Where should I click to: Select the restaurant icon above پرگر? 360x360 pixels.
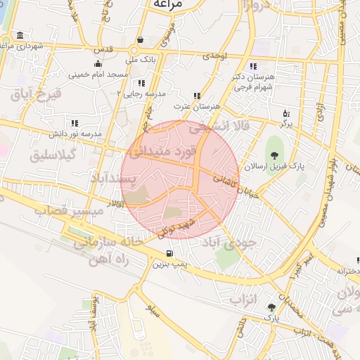[x=286, y=112]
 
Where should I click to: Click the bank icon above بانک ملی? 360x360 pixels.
[x=141, y=39]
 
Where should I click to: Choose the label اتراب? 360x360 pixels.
[x=245, y=298]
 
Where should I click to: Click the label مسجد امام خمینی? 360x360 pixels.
[x=98, y=74]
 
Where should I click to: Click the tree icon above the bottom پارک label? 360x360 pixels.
[x=271, y=307]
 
